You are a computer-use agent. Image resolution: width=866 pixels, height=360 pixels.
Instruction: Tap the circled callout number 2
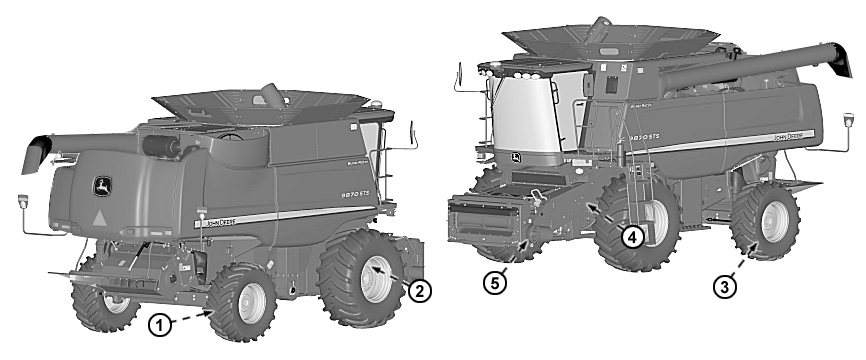pyautogui.click(x=421, y=291)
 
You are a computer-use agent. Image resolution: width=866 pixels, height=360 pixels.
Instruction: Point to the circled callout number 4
pyautogui.click(x=632, y=237)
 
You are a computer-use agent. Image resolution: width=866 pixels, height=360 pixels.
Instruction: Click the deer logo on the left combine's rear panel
pyautogui.click(x=101, y=184)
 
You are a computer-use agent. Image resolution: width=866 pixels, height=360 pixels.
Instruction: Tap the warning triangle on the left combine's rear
pyautogui.click(x=99, y=217)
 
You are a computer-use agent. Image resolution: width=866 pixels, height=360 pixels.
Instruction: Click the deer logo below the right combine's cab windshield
pyautogui.click(x=514, y=160)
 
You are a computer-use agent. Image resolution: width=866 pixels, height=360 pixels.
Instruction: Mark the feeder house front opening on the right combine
pyautogui.click(x=485, y=222)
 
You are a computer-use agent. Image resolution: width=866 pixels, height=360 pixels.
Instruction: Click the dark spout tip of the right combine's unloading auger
pyautogui.click(x=840, y=61)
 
